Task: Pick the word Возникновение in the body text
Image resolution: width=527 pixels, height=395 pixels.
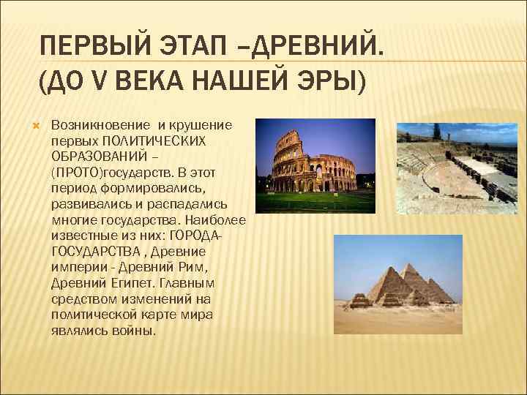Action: pyautogui.click(x=94, y=125)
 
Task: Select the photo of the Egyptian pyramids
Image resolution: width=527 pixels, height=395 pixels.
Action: pyautogui.click(x=398, y=285)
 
